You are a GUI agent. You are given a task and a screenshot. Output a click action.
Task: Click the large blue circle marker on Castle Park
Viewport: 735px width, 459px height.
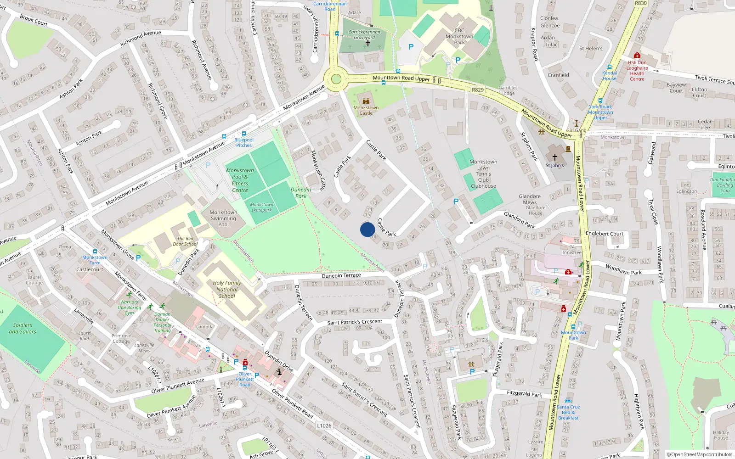[367, 229]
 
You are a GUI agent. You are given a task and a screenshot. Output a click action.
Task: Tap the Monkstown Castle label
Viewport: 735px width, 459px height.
[366, 110]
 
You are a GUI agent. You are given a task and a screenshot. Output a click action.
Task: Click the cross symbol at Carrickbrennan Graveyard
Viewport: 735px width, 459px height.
[367, 43]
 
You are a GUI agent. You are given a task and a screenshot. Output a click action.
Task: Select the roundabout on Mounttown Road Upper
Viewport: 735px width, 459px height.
[336, 79]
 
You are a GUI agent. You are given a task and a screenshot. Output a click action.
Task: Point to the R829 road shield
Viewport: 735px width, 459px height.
[478, 90]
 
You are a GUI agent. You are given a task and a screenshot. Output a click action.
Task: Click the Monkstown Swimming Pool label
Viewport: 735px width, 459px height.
[223, 218]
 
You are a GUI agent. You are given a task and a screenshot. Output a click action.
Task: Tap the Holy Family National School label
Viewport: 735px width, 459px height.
[227, 289]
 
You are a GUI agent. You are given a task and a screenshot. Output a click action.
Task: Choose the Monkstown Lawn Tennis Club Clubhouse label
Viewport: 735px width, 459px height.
[483, 174]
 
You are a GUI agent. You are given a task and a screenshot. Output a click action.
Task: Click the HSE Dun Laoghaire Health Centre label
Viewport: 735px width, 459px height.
[637, 71]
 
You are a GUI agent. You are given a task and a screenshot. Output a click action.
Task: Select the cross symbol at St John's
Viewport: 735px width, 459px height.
[555, 157]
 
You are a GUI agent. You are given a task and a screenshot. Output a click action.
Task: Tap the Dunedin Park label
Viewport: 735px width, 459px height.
[301, 193]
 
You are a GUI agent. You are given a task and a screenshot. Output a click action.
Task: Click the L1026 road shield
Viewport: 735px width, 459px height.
[324, 425]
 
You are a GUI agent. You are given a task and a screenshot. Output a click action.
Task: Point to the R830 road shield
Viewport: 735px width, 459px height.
[640, 3]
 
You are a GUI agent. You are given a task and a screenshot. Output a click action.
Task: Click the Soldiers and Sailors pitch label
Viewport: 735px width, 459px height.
[23, 328]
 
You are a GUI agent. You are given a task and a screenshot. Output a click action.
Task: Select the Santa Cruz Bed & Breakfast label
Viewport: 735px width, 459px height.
[569, 412]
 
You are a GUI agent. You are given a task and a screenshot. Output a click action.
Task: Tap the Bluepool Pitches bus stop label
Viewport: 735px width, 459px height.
[244, 142]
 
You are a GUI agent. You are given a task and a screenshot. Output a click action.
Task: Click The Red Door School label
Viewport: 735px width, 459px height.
[186, 241]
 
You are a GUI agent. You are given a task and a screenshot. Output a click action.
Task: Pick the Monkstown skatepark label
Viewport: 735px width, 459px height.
[261, 207]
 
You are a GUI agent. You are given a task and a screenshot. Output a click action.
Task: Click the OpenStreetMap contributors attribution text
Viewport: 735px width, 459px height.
[700, 455]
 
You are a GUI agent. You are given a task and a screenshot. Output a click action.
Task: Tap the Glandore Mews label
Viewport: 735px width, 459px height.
[530, 199]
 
